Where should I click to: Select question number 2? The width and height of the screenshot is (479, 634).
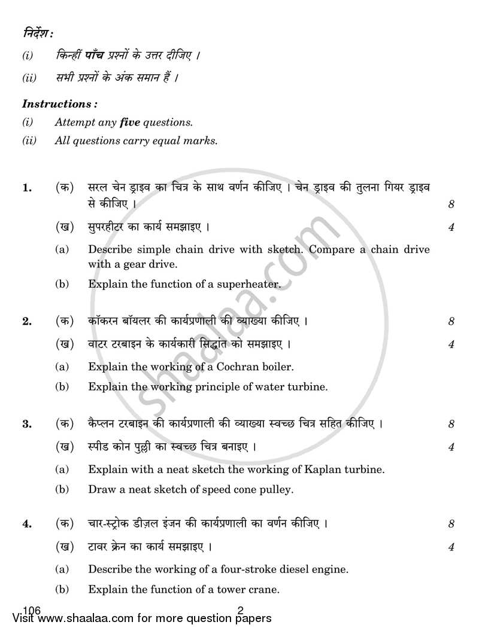tap(26, 321)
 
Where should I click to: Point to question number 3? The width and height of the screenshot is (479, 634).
tap(26, 425)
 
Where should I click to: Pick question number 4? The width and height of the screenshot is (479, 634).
tap(26, 525)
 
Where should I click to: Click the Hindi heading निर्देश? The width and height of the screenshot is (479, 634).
tap(35, 35)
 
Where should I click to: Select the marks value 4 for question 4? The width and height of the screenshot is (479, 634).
tap(451, 547)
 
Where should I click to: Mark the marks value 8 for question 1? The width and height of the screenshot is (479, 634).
tap(451, 205)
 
